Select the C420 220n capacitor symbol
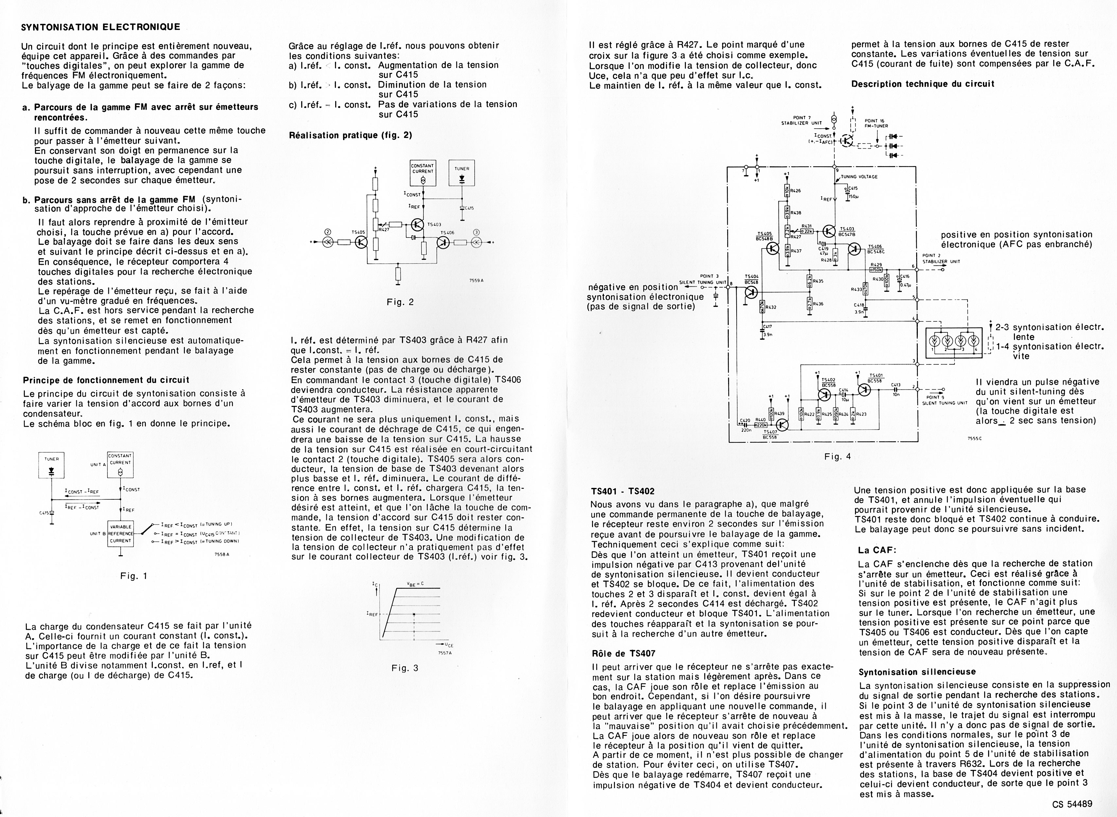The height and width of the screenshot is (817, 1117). (x=745, y=424)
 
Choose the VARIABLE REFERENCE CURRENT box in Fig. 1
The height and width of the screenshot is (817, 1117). (x=120, y=534)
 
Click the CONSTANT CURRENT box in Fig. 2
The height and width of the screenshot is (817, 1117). (x=423, y=173)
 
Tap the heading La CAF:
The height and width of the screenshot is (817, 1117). (x=878, y=550)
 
